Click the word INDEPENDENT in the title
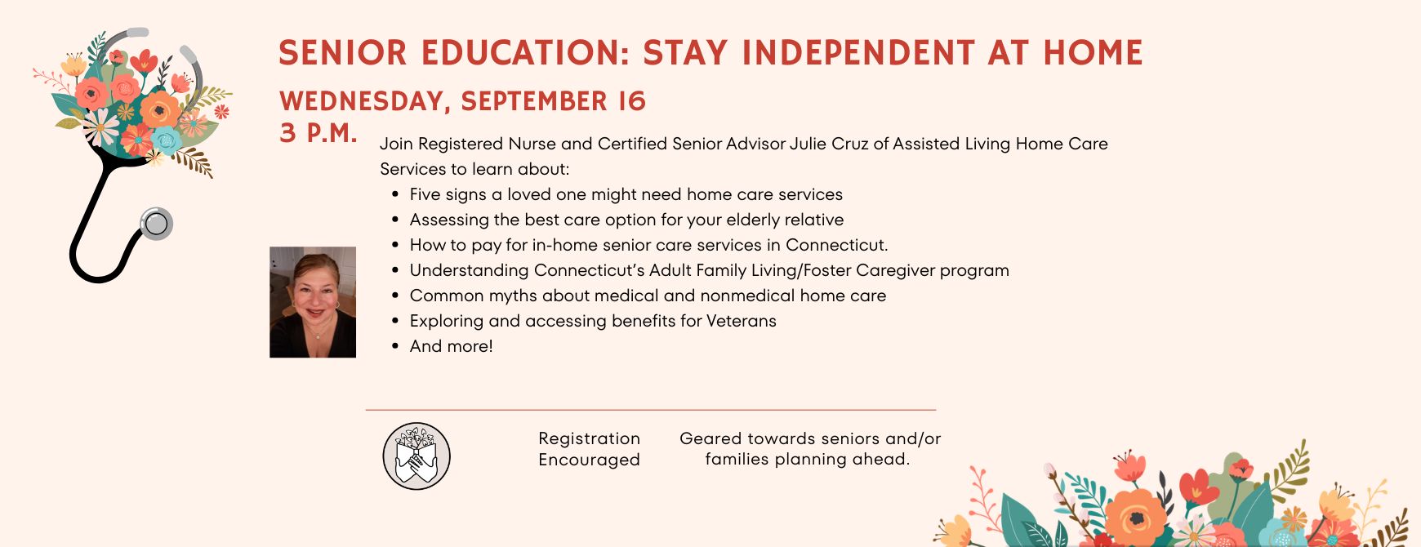(858, 53)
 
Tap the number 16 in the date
(632, 101)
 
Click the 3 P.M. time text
(318, 132)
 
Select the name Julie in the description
(808, 144)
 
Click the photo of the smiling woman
(313, 302)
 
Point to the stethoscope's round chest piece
(156, 223)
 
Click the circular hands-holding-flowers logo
(416, 456)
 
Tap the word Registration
(589, 439)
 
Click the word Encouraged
(589, 460)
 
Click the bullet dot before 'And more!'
(395, 346)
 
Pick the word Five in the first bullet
(425, 194)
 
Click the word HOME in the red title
(1093, 53)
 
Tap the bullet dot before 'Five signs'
(395, 194)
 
